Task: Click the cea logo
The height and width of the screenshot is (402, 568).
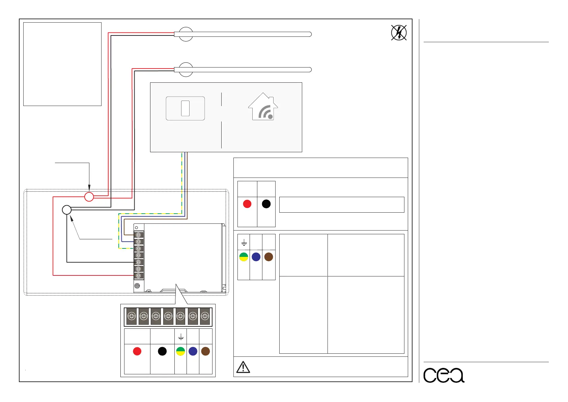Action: [x=444, y=375]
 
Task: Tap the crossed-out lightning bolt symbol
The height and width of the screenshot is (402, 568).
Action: [x=399, y=33]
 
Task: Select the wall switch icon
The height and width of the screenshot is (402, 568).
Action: [x=185, y=108]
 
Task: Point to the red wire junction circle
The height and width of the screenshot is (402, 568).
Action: [x=89, y=196]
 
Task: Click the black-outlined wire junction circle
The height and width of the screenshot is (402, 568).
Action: [x=67, y=210]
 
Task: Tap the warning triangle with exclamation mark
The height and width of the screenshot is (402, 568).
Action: [x=243, y=367]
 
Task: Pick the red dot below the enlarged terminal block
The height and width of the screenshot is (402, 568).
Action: [x=137, y=351]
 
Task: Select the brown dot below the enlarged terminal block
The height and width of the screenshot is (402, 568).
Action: [x=205, y=351]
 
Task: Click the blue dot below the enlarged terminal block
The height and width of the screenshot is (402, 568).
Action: [x=193, y=351]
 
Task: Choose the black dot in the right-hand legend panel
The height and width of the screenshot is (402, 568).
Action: [x=266, y=204]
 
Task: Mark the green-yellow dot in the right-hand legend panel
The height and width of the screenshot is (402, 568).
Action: [x=244, y=257]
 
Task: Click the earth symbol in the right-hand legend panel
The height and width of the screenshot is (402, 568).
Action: [x=244, y=242]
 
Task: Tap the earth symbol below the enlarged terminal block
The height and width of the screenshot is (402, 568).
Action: [x=181, y=337]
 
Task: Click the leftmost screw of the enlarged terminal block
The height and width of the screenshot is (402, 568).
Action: [x=132, y=316]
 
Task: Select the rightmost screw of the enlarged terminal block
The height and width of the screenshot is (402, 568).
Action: [x=205, y=316]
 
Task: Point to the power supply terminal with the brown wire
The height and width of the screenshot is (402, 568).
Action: [x=138, y=235]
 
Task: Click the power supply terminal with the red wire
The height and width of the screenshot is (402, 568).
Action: [x=138, y=275]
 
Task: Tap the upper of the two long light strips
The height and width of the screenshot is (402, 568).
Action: [x=243, y=34]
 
